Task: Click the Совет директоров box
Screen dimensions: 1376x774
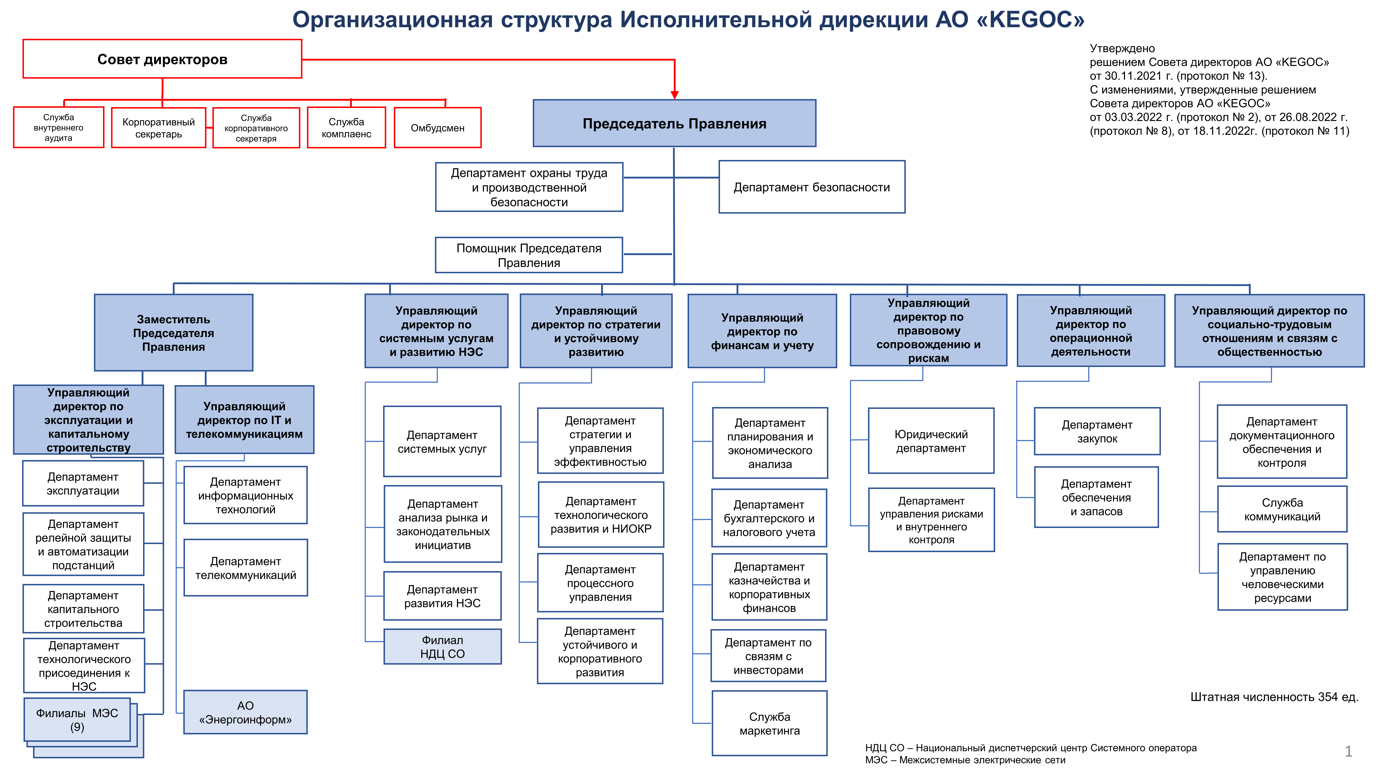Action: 162,59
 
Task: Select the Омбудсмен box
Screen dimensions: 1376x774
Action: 437,128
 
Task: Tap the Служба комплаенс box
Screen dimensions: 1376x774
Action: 346,128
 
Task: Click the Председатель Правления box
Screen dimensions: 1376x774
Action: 674,123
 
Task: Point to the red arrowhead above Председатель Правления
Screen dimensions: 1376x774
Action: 675,95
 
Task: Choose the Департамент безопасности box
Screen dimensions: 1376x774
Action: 812,187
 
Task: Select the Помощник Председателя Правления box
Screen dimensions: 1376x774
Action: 529,255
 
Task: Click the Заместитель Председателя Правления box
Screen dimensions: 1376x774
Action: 174,333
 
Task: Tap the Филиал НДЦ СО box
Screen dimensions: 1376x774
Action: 442,647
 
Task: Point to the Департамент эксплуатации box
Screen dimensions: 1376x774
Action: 83,483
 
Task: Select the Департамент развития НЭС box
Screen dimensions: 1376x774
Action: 442,596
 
